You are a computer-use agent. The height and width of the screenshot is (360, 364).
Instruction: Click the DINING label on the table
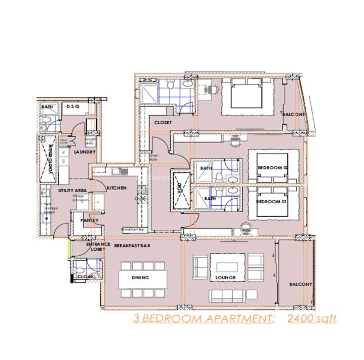coord(140,278)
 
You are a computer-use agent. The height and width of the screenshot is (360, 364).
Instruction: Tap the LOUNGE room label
coord(226,278)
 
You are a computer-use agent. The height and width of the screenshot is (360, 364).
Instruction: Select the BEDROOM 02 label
coord(273,168)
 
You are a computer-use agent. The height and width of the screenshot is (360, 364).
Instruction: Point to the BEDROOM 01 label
coord(271,202)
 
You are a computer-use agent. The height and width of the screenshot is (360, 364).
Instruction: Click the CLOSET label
coord(163,122)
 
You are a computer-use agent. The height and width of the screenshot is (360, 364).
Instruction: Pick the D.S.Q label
coord(74,106)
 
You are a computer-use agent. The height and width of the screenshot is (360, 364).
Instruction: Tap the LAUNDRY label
coord(85,152)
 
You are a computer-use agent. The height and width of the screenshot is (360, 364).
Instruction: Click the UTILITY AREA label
coord(72,190)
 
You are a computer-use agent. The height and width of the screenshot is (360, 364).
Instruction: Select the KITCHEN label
coord(117,188)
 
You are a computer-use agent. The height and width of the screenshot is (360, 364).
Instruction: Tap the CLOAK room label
coord(86,276)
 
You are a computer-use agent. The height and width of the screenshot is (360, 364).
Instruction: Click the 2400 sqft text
coord(312,319)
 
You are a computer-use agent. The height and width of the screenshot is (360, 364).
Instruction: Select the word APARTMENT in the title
coord(240,319)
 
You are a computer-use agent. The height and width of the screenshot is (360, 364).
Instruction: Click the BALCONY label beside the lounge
coord(300,284)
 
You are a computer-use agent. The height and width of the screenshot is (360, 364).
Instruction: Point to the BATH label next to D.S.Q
coord(47,107)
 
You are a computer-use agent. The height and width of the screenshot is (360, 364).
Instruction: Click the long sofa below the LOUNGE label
coord(226,296)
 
